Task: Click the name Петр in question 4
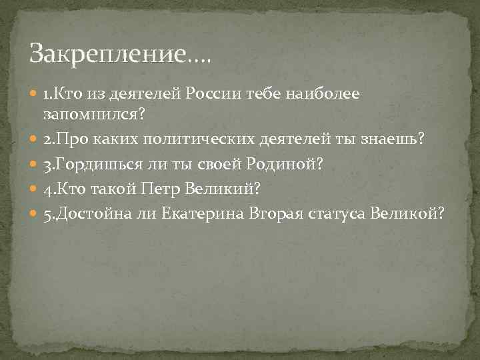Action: click(158, 189)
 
